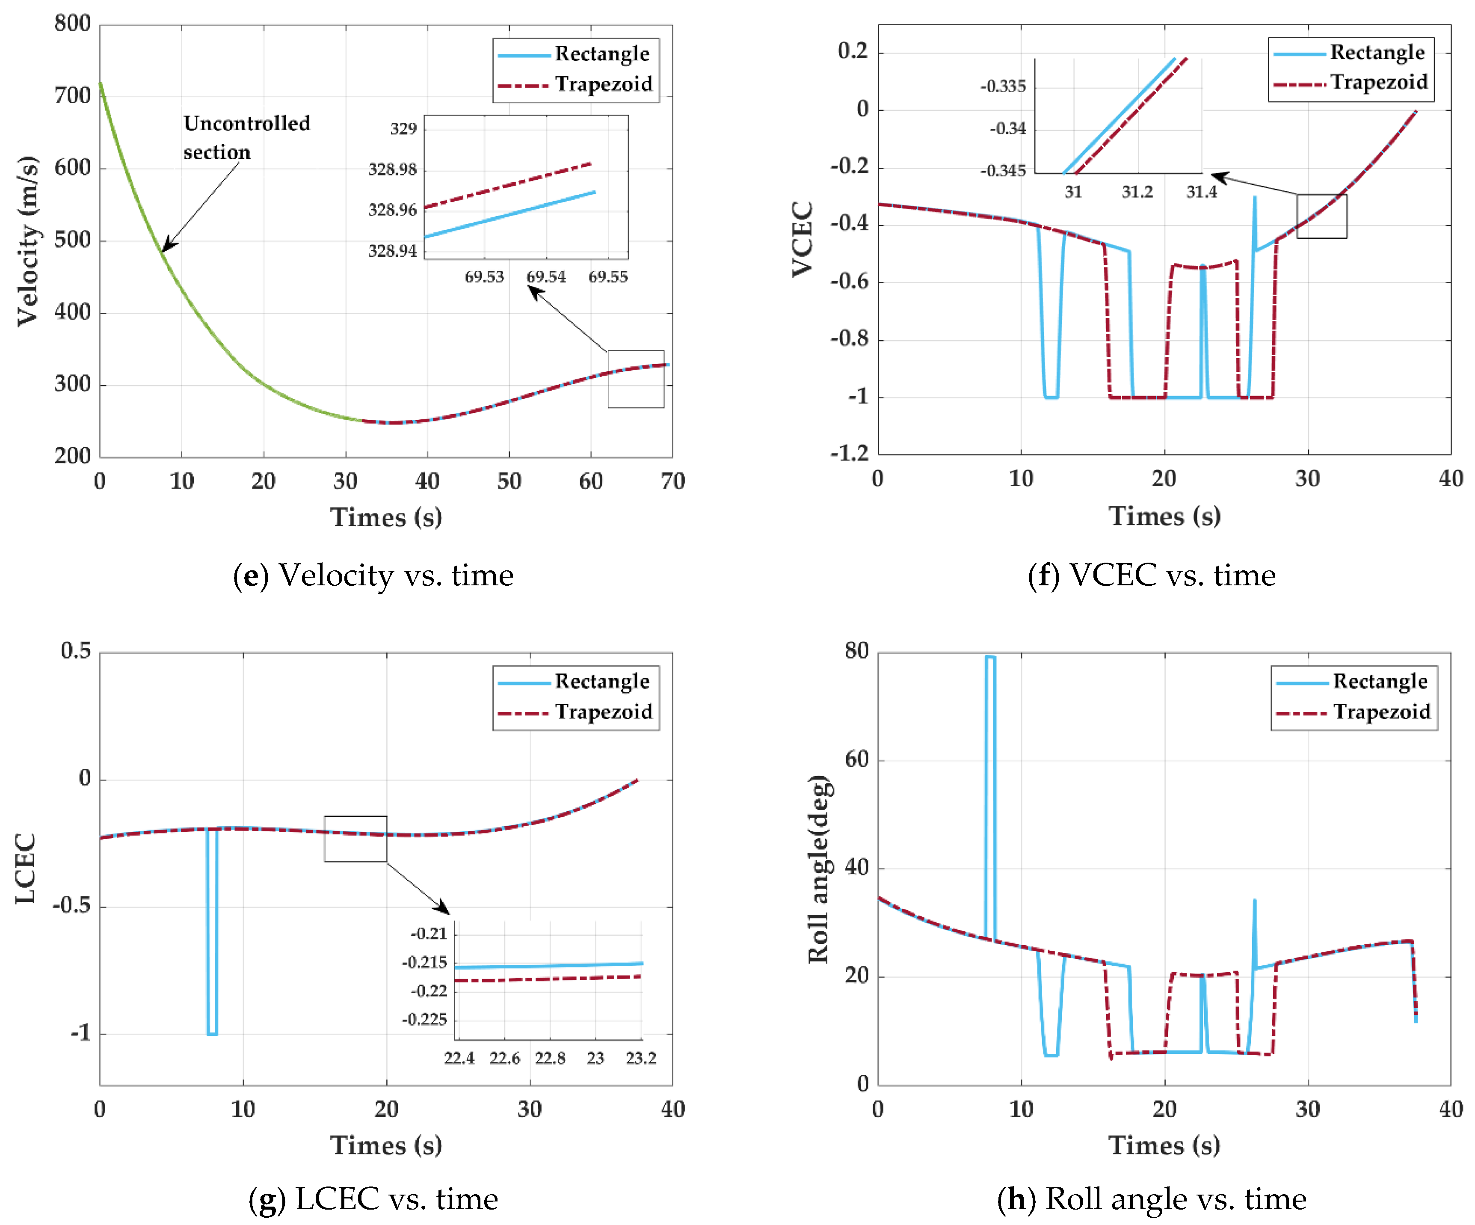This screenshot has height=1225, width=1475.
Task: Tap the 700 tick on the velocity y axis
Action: pos(72,95)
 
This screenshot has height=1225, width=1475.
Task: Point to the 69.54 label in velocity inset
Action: pos(546,277)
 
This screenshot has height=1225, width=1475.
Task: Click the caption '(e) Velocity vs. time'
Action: pos(373,575)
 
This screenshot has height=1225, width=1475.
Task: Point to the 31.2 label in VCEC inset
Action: pos(1137,192)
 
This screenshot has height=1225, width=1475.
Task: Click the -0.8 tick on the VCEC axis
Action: pos(849,339)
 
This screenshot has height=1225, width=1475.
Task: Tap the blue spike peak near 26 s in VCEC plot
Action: pos(1254,198)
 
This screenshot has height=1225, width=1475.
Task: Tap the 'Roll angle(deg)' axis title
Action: pos(818,869)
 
